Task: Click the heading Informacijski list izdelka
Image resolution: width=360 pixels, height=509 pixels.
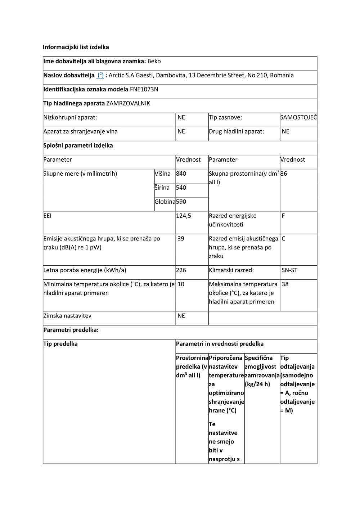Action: pos(76,47)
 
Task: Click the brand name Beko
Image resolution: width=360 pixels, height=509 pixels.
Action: pos(154,61)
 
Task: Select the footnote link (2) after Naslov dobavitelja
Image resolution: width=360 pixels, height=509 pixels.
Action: pos(100,75)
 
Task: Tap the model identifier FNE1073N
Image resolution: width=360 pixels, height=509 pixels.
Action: pos(144,89)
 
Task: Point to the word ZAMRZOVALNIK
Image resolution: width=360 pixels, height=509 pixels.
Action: pos(128,103)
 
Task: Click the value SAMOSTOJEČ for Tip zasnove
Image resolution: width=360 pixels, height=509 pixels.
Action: pos(298,117)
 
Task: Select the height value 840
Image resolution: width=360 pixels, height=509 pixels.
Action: pos(181,174)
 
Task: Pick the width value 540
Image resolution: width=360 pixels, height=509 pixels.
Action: pos(181,188)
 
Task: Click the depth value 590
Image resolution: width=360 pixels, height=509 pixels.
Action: pos(181,202)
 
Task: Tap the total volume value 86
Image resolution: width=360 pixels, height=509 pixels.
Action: pos(284,174)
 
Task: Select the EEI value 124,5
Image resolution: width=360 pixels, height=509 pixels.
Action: pos(184,216)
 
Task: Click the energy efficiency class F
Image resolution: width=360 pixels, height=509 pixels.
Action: pos(283,216)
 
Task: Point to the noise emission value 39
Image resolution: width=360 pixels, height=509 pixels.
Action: pos(181,238)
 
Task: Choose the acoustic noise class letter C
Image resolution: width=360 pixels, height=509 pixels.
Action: pos(284,238)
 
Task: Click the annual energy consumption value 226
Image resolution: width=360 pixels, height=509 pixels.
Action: pos(181,270)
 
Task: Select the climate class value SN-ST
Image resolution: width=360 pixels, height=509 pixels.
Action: pos(289,270)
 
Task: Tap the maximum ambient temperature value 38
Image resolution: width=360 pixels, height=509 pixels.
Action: pos(285,284)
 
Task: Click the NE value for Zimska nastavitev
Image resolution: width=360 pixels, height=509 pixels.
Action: pos(181,316)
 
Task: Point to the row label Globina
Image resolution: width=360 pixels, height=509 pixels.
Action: pos(165,202)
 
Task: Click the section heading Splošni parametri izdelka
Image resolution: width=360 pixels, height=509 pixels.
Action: pos(78,145)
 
